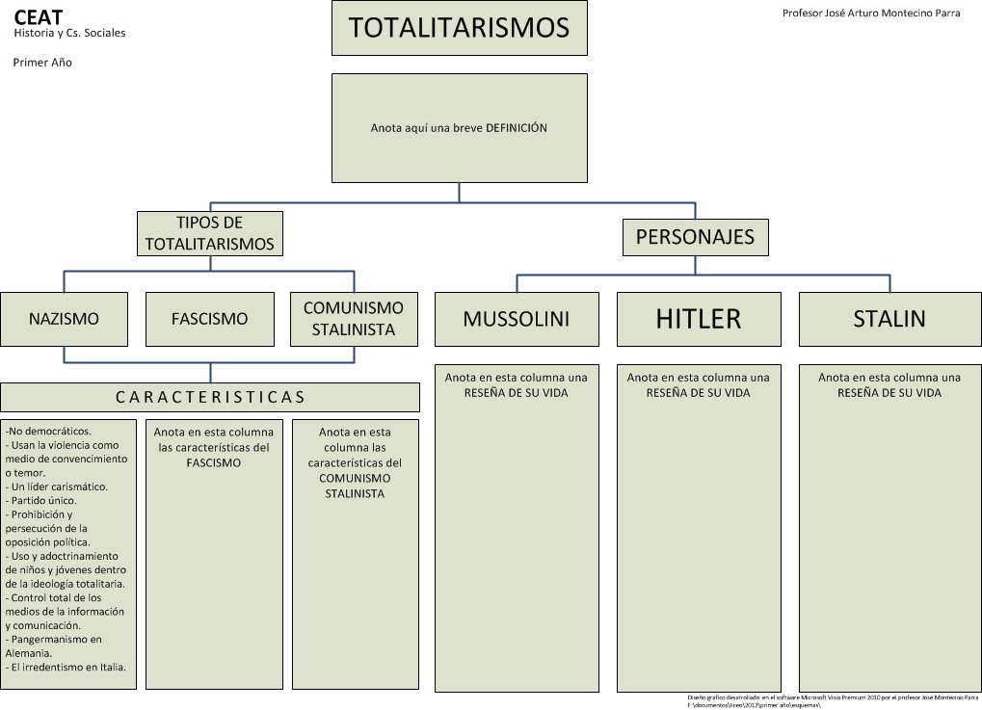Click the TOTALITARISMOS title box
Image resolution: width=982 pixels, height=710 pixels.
pyautogui.click(x=459, y=28)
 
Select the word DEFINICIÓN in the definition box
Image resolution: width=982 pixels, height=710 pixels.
pyautogui.click(x=517, y=127)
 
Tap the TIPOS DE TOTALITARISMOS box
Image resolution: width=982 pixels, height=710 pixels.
pyautogui.click(x=210, y=233)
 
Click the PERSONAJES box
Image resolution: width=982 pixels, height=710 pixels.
pyautogui.click(x=695, y=237)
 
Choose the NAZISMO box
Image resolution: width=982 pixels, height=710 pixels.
pyautogui.click(x=64, y=319)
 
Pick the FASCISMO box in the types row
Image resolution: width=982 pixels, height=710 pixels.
pyautogui.click(x=209, y=319)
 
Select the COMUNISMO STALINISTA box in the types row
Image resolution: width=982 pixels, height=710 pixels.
pyautogui.click(x=354, y=319)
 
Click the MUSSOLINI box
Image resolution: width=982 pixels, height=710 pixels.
pyautogui.click(x=517, y=319)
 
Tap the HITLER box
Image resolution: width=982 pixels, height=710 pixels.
pyautogui.click(x=699, y=319)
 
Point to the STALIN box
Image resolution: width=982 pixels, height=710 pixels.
pyautogui.click(x=889, y=319)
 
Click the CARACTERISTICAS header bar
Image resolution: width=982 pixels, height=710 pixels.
pyautogui.click(x=210, y=397)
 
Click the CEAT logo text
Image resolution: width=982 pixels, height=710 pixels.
pyautogui.click(x=38, y=16)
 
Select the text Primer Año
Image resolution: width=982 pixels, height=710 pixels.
pyautogui.click(x=42, y=63)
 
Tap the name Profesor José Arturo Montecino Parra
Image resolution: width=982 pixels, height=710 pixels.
pyautogui.click(x=871, y=13)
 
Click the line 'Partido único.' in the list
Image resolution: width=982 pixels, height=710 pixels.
pyautogui.click(x=42, y=501)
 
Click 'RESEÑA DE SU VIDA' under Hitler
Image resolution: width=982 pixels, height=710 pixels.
pyautogui.click(x=699, y=393)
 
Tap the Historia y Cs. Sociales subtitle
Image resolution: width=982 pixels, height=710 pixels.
pyautogui.click(x=69, y=33)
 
